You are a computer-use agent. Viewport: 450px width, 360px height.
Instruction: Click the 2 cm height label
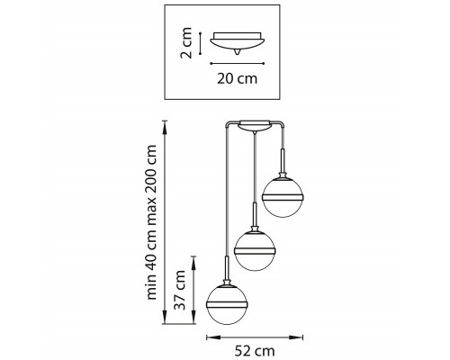[x=186, y=42]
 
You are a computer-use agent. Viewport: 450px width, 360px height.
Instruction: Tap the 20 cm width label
[x=238, y=78]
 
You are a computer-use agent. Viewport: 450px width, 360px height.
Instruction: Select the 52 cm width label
[x=255, y=351]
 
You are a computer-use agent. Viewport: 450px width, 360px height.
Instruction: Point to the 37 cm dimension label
[x=180, y=290]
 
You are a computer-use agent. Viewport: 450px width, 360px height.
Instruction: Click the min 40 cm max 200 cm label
[x=151, y=222]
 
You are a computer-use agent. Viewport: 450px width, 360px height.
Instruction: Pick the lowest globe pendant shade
[x=227, y=305]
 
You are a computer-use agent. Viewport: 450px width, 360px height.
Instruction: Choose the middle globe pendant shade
[x=255, y=251]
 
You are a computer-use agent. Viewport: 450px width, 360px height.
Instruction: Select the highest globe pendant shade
[x=283, y=197]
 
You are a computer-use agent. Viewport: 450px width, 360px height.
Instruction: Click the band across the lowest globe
[x=227, y=305]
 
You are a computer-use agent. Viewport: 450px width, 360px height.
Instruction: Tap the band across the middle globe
[x=255, y=251]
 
